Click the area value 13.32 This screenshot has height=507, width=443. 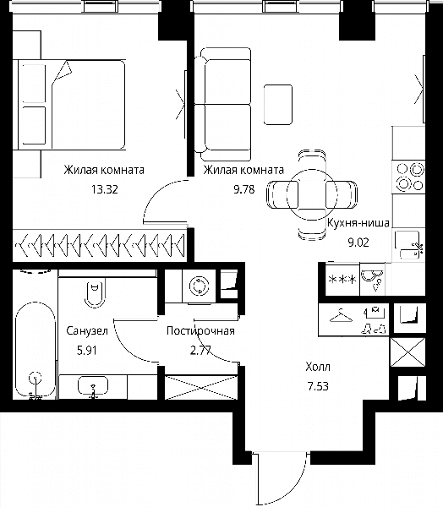(104, 189)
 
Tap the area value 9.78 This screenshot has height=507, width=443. (244, 189)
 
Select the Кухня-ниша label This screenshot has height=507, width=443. (358, 223)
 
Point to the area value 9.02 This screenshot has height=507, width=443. (358, 243)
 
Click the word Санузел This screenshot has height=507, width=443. (87, 330)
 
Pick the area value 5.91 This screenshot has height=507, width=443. (87, 350)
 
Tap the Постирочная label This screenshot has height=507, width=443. (200, 330)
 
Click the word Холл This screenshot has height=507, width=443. (318, 367)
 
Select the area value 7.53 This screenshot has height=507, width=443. (318, 386)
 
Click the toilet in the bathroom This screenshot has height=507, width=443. (95, 293)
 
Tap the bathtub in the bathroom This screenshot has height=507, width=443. (35, 350)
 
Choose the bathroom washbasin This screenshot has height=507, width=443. (93, 385)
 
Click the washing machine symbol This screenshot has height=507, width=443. (199, 286)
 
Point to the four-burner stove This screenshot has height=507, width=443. (408, 177)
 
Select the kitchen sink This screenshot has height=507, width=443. (407, 245)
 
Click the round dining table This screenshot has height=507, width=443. (312, 194)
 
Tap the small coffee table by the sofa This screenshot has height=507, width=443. (278, 105)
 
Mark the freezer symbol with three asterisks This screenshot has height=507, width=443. (342, 279)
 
